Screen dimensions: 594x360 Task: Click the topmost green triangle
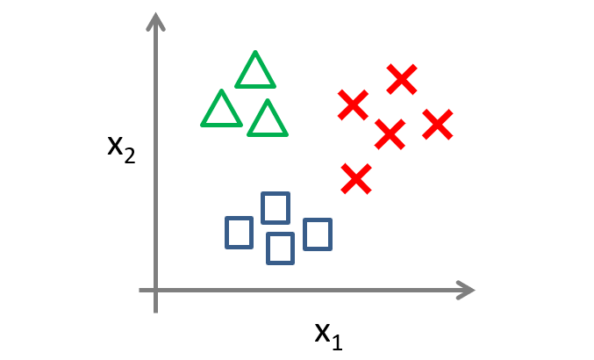pos(255,73)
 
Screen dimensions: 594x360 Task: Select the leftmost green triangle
pos(221,111)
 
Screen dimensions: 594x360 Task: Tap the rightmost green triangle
pos(267,120)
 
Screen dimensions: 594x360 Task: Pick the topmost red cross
pos(401,80)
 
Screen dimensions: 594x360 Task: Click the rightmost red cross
pos(437,125)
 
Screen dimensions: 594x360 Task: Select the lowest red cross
pos(356,179)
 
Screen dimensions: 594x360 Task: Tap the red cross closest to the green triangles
pos(353,105)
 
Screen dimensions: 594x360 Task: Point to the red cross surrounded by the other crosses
pos(390,134)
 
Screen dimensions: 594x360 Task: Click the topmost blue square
pos(276,208)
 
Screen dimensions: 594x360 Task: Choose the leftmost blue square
pos(239,232)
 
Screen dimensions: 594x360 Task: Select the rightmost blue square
pos(318,234)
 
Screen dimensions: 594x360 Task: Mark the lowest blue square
pos(280,248)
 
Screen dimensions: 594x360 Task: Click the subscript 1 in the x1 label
pos(337,342)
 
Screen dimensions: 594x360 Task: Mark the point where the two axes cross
pos(156,290)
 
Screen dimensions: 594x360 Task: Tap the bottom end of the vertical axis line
pos(156,310)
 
